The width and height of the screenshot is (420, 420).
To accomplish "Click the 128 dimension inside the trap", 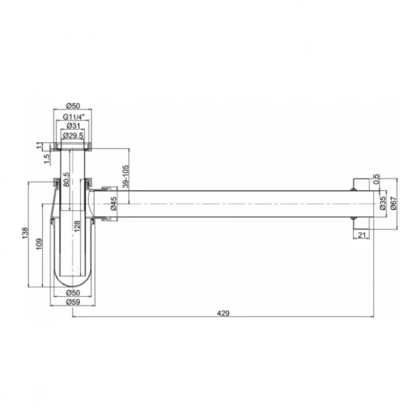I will tap(79, 225).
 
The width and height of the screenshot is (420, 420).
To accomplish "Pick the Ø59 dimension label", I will tap(73, 302).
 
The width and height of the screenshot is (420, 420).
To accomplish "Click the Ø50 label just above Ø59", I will tap(73, 293).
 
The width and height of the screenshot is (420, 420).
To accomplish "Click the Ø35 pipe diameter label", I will tap(382, 204).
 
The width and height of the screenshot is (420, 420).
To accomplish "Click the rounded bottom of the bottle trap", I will tap(73, 280).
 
